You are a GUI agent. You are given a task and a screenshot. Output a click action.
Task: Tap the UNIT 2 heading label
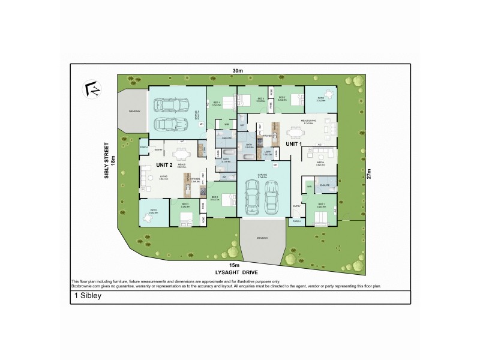164,164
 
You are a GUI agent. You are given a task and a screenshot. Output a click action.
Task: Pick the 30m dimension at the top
238,71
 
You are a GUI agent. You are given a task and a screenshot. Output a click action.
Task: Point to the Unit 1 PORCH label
296,221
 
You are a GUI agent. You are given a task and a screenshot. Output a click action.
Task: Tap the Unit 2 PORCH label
143,147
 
